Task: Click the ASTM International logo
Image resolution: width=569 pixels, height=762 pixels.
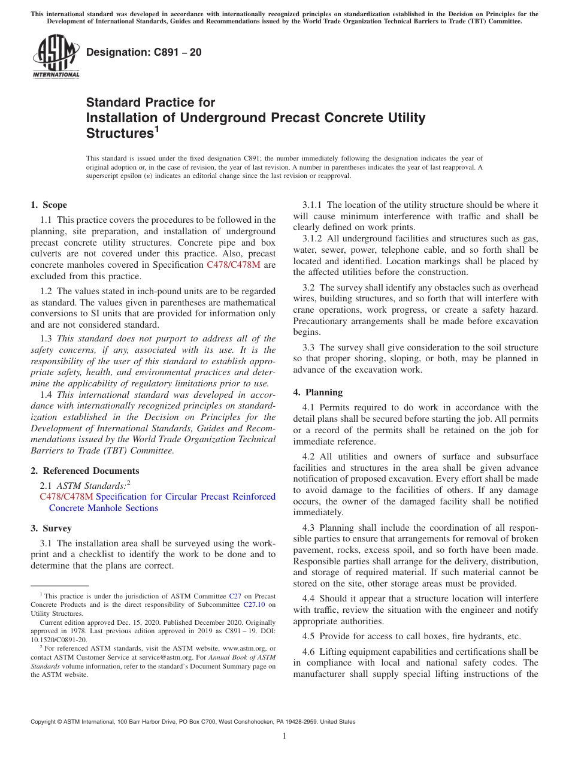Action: [56, 57]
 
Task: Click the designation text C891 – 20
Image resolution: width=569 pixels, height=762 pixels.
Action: [144, 53]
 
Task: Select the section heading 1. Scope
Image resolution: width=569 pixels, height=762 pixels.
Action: [49, 205]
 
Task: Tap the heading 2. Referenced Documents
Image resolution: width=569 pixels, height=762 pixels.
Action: [84, 471]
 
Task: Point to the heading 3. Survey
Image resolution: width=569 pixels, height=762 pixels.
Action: [51, 528]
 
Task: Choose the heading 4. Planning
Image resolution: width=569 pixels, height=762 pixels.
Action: [317, 392]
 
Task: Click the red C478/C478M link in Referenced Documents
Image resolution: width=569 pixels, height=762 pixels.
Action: [66, 497]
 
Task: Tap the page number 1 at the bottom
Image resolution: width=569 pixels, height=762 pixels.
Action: [284, 736]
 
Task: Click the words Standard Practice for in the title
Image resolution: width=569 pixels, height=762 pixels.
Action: [150, 102]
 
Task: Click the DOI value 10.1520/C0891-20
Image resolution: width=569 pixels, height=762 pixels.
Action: [59, 640]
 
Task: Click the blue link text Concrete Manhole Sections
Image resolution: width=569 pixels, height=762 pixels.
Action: [103, 508]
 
